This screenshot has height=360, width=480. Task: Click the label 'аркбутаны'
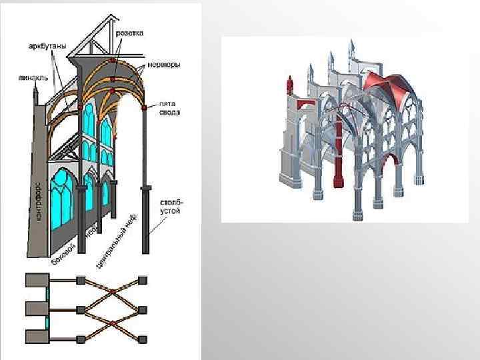click(x=46, y=46)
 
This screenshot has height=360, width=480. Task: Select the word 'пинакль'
click(x=31, y=77)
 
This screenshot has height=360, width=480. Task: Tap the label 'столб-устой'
click(x=169, y=206)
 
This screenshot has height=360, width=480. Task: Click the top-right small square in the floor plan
click(x=141, y=280)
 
